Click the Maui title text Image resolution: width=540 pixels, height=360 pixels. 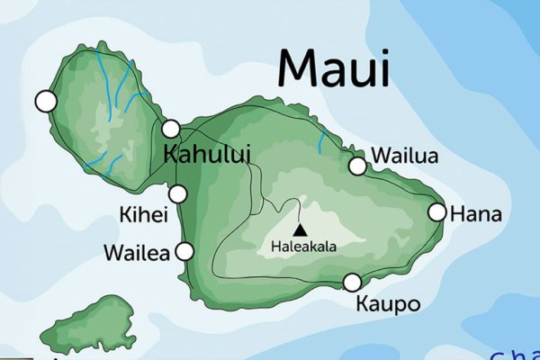(334, 67)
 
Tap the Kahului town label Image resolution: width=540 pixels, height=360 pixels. (207, 153)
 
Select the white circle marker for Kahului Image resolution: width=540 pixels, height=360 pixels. (171, 129)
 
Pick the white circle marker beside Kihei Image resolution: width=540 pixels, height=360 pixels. (178, 193)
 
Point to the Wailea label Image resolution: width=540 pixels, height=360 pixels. (137, 253)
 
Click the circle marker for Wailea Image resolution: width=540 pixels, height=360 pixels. (184, 251)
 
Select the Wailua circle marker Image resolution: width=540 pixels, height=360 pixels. (357, 166)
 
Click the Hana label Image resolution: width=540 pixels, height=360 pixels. (474, 215)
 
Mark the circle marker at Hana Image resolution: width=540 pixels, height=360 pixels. (436, 212)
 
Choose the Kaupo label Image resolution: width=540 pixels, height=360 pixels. (389, 304)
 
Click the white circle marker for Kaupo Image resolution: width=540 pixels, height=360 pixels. (352, 283)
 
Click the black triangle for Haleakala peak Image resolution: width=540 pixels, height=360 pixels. (299, 229)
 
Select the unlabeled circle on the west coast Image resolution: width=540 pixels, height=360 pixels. (45, 101)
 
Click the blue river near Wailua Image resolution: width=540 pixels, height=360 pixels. (322, 139)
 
